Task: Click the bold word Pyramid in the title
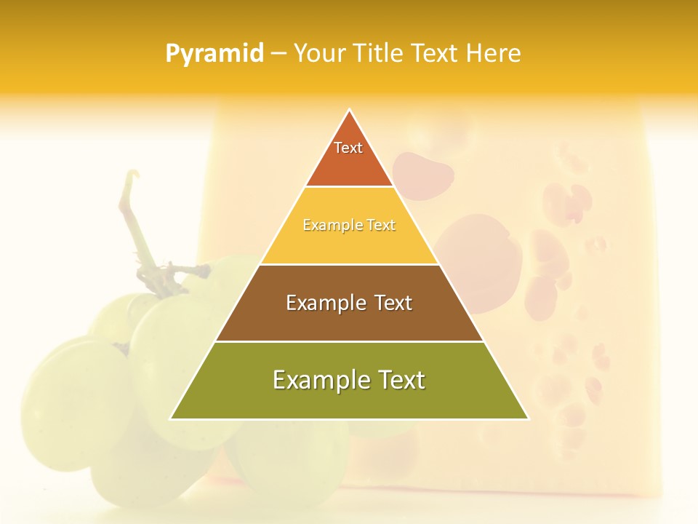coord(214,54)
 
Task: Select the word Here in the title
coord(494,54)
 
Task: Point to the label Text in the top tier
coord(348,148)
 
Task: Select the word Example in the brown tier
coord(324,303)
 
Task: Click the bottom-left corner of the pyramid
coord(172,418)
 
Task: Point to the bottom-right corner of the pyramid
coord(527,418)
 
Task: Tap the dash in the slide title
coord(278,54)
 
